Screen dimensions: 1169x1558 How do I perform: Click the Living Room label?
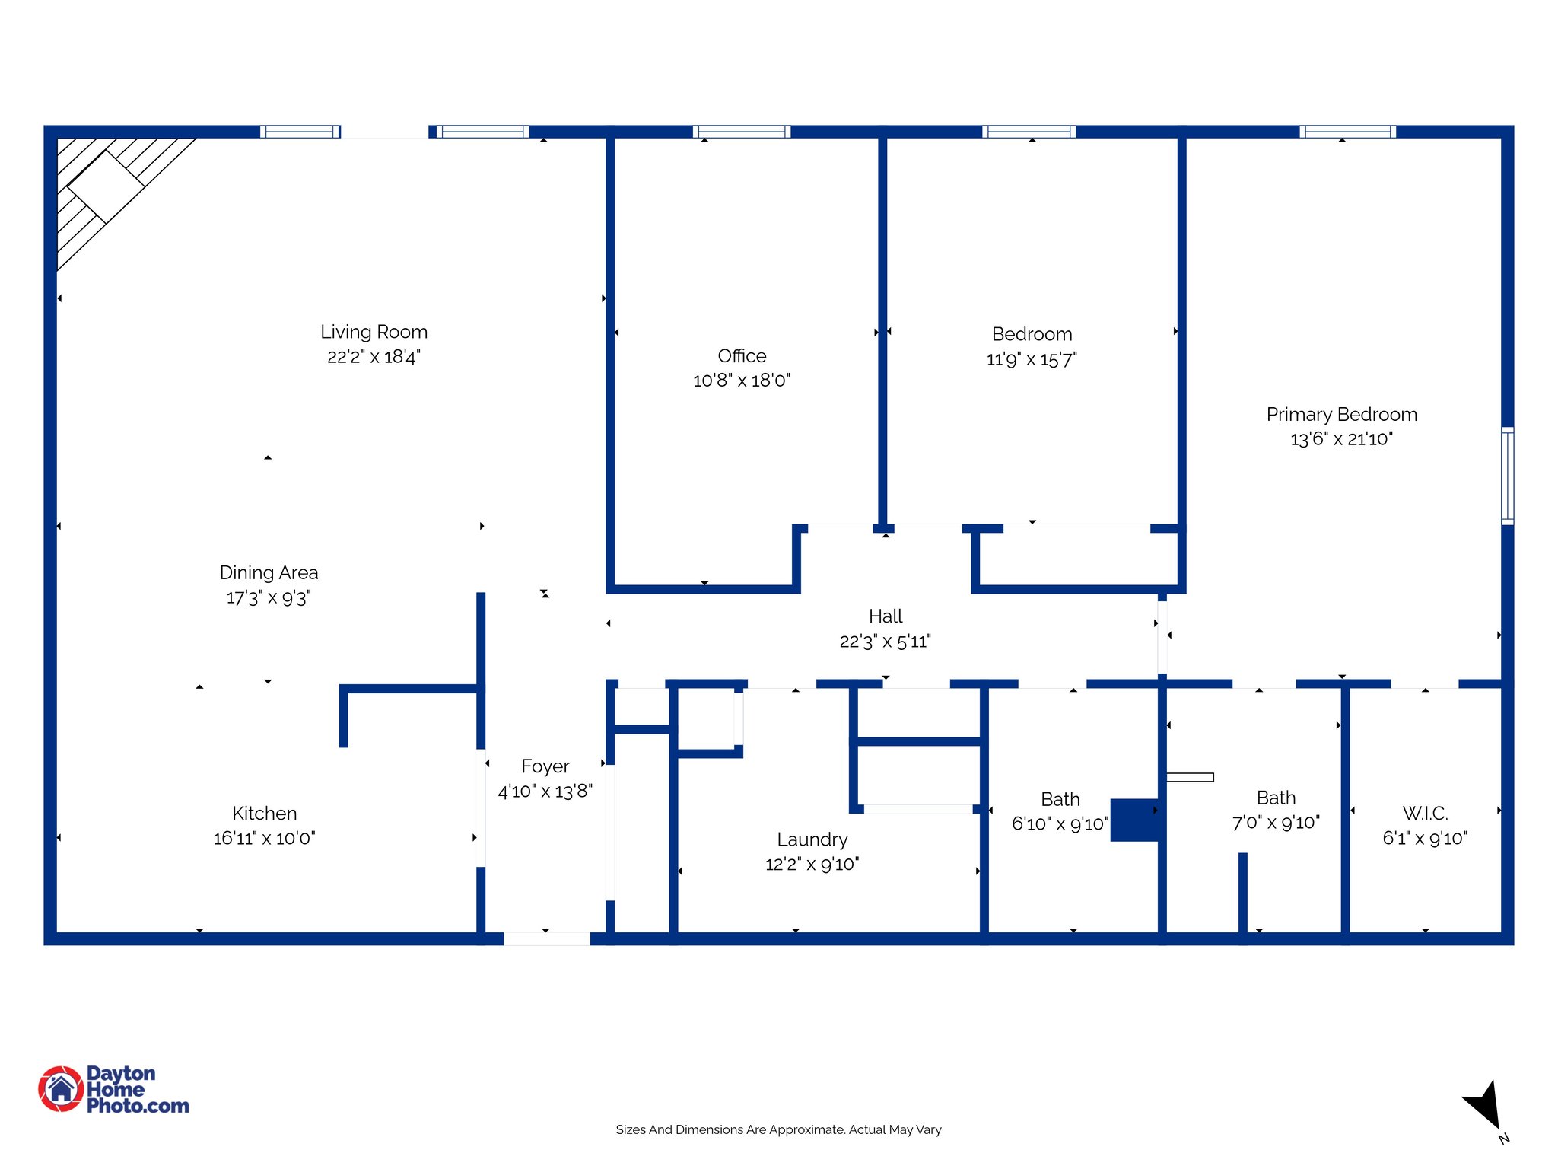[x=374, y=332]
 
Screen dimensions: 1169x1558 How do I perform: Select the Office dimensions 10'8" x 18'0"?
[x=741, y=381]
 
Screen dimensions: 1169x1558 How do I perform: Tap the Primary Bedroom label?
[x=1341, y=415]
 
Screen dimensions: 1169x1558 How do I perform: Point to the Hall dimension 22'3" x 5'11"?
[x=885, y=642]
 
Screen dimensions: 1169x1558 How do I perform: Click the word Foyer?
[x=545, y=766]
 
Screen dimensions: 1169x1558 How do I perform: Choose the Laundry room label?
[x=812, y=839]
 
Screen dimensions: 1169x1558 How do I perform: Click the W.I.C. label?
[x=1425, y=814]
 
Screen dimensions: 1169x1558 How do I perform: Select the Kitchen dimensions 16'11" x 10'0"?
[x=264, y=839]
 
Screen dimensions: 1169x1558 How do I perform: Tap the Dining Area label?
[x=269, y=573]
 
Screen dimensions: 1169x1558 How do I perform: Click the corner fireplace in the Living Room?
[x=107, y=186]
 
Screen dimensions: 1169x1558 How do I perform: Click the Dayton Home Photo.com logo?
[x=114, y=1089]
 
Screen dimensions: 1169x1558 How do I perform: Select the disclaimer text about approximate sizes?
[x=778, y=1129]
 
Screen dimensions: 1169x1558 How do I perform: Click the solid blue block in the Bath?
[x=1134, y=820]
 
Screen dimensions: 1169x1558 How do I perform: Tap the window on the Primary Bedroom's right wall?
[x=1507, y=476]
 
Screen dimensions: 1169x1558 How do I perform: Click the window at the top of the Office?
[x=742, y=132]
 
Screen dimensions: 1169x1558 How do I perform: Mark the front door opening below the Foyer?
[x=546, y=938]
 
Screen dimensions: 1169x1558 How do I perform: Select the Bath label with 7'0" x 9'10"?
[x=1276, y=798]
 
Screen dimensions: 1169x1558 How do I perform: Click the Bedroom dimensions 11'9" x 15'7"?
[x=1032, y=360]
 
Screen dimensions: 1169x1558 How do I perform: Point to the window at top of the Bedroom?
[x=1029, y=132]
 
